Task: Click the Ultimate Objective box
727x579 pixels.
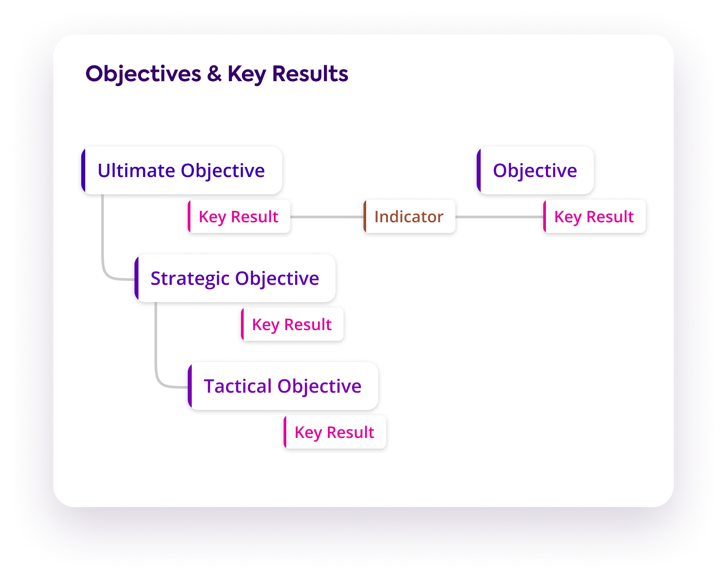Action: pos(182,170)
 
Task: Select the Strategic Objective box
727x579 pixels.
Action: pos(235,278)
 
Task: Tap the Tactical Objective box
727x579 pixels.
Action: pos(283,386)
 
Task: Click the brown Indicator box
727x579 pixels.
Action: pos(409,217)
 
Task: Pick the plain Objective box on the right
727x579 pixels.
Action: pos(535,170)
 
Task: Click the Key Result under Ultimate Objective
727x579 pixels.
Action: pos(239,217)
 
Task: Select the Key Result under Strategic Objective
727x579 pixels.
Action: pos(292,324)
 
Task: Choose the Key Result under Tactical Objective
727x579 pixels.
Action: pos(335,432)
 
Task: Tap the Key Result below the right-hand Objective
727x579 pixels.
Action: pos(594,217)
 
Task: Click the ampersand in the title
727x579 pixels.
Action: pos(214,74)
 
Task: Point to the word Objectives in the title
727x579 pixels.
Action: pos(143,74)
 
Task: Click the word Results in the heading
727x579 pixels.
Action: pos(310,74)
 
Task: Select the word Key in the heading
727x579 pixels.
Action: pos(247,74)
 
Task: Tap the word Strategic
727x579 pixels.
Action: pos(190,278)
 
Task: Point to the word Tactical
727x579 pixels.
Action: pos(238,386)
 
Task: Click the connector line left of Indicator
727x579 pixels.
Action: pos(327,217)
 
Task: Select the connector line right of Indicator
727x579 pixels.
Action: pos(499,217)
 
